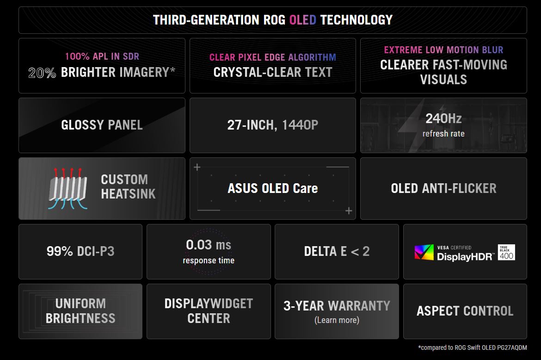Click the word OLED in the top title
pos(302,20)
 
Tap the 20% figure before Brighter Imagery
pos(42,73)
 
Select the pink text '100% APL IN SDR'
pos(102,56)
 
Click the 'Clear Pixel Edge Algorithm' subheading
pos(272,57)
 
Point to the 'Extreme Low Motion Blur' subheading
pos(444,50)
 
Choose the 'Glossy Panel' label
pos(102,125)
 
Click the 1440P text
pos(300,125)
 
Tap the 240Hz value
pos(444,118)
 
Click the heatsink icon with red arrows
pos(68,188)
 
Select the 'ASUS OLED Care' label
pos(272,188)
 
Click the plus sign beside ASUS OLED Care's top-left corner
pos(197,168)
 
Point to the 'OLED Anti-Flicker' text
pos(444,188)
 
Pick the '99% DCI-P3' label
pos(80,251)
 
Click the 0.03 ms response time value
pos(209,245)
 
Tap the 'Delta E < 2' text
pos(337,251)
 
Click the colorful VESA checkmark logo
pos(424,252)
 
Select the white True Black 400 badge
pos(506,252)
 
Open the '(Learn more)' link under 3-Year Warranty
pos(337,320)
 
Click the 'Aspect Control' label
pos(465,311)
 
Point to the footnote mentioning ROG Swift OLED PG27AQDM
pos(473,348)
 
